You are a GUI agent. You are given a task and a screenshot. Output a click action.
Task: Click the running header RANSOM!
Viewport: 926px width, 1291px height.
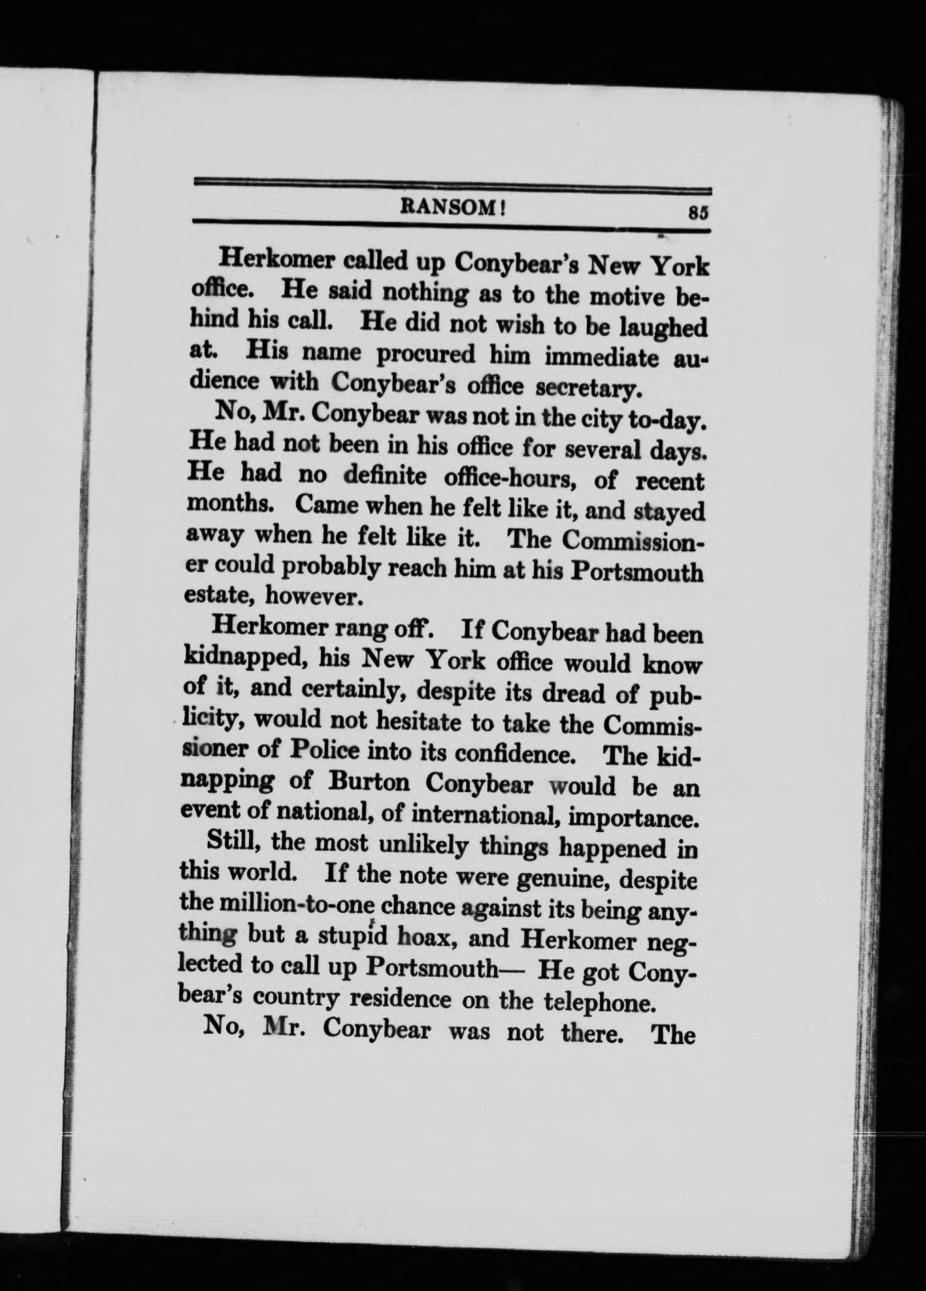pos(454,207)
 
